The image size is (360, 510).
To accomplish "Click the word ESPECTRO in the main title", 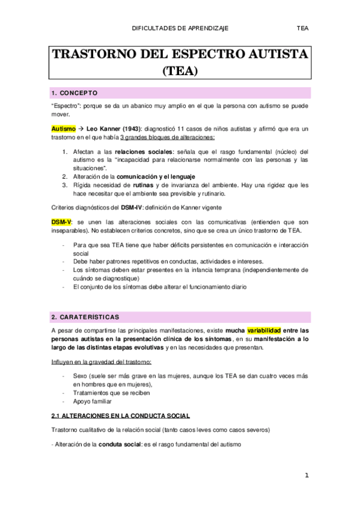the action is (x=192, y=55).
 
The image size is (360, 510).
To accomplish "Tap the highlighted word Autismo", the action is (x=63, y=129).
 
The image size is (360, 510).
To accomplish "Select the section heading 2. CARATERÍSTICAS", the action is (x=85, y=316).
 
